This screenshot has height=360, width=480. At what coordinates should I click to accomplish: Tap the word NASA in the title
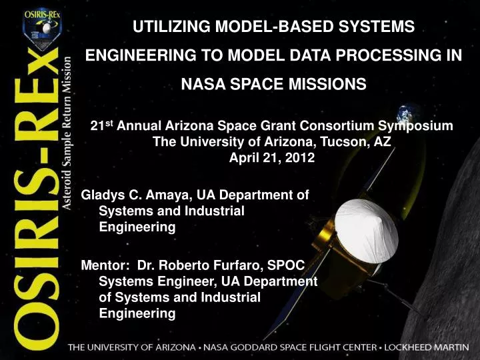[x=202, y=85]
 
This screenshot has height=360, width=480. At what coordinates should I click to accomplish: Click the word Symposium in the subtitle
[x=415, y=126]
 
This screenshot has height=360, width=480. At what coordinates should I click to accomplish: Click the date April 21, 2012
[x=272, y=158]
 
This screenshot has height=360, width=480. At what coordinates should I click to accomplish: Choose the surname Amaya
[x=165, y=195]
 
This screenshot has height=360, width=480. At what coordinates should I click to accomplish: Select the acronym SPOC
[x=288, y=265]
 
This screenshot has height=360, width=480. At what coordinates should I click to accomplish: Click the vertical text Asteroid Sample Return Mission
[x=67, y=133]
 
